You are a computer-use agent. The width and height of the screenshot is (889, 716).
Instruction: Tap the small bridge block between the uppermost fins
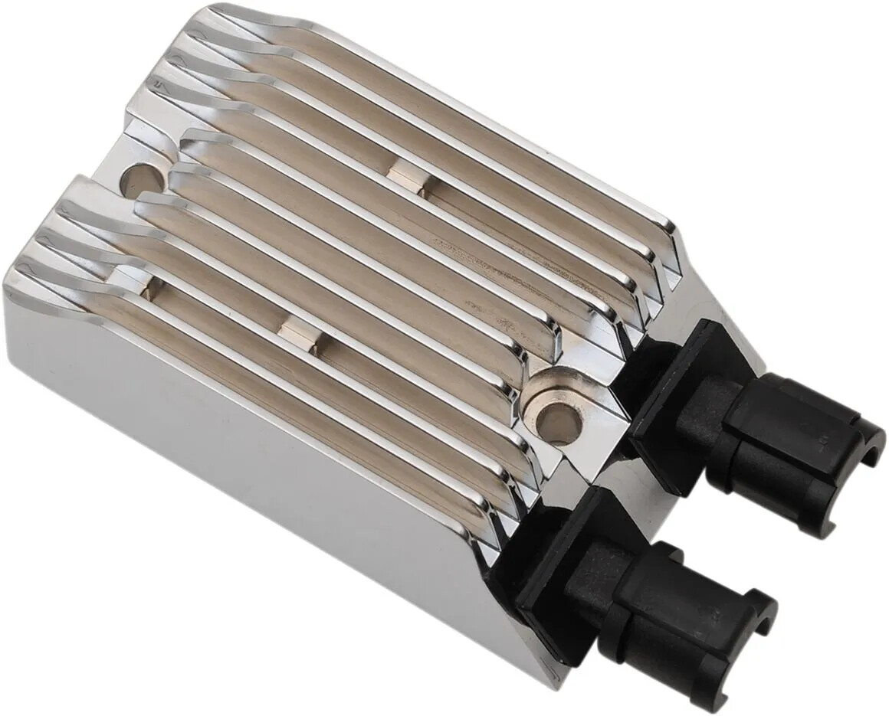[x=406, y=178]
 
